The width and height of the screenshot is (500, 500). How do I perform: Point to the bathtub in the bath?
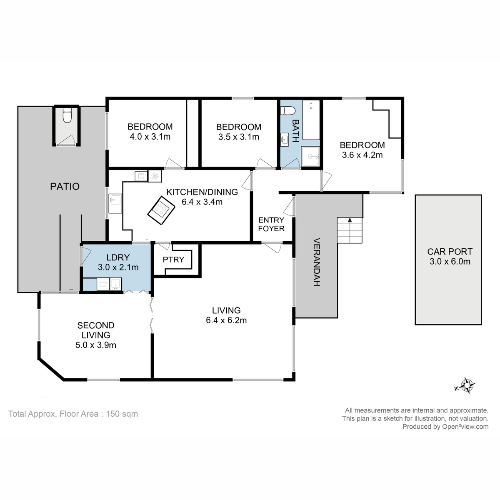[x=311, y=120]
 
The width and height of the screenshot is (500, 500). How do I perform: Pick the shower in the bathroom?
[x=310, y=157]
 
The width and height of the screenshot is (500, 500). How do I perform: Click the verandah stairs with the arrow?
[x=350, y=231]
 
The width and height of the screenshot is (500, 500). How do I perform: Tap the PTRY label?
[x=173, y=260]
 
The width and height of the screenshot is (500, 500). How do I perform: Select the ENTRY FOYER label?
[x=271, y=224]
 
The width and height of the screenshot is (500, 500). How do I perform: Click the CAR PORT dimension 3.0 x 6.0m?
[x=450, y=262]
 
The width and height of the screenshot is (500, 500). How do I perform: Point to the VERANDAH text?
[x=316, y=262]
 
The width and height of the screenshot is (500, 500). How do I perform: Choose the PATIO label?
[x=65, y=186]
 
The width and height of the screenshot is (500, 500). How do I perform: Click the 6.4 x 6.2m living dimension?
[x=226, y=320]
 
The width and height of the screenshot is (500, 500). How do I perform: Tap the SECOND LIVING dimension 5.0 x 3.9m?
[x=96, y=345]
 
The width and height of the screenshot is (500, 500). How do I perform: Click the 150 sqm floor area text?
[x=122, y=414]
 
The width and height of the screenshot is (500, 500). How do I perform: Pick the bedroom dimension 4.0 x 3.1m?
[x=150, y=137]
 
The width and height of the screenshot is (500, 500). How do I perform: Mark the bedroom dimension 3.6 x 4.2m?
[x=362, y=155]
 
